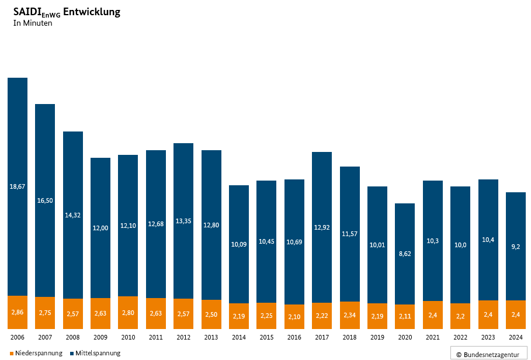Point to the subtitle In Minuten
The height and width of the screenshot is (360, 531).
pyautogui.click(x=33, y=23)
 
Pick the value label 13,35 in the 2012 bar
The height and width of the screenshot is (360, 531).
pyautogui.click(x=183, y=221)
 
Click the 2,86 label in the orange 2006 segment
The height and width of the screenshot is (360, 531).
pyautogui.click(x=18, y=313)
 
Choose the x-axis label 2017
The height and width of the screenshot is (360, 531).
pyautogui.click(x=322, y=337)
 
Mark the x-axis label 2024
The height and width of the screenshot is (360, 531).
pyautogui.click(x=516, y=337)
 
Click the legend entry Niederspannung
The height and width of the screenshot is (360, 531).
pyautogui.click(x=39, y=353)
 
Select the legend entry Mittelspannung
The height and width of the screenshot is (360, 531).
pyautogui.click(x=98, y=353)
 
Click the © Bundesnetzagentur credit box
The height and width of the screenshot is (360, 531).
pyautogui.click(x=488, y=354)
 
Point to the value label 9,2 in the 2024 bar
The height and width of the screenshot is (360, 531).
pyautogui.click(x=516, y=247)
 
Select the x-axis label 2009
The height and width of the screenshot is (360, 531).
pyautogui.click(x=100, y=337)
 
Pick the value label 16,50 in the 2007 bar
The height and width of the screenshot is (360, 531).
pyautogui.click(x=45, y=200)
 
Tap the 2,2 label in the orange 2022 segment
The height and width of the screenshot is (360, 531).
pyautogui.click(x=460, y=316)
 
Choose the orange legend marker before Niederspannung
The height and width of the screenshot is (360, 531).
pyautogui.click(x=12, y=354)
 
